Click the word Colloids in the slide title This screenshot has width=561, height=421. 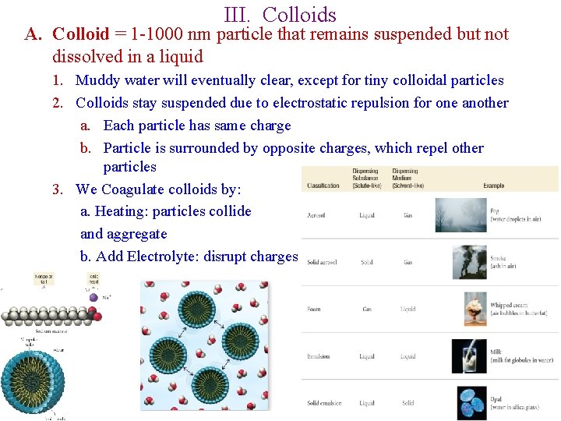pos(299,14)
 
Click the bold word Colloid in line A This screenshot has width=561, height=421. pos(80,34)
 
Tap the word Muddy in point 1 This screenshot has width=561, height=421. pos(101,80)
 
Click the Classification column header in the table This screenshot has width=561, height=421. pos(323,186)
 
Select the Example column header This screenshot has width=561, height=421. pos(493,186)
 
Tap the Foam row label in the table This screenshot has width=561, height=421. pos(314,310)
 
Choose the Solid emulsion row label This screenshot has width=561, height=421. pos(323,403)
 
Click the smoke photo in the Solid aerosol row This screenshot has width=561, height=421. pos(469,262)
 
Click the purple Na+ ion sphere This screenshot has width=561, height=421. pos(94,296)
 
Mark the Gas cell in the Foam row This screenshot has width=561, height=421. pos(367,310)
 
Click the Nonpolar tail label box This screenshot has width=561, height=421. pos(43,279)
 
